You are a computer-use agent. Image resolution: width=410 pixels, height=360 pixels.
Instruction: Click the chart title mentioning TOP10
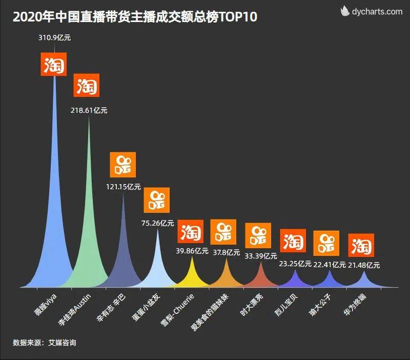click(135, 17)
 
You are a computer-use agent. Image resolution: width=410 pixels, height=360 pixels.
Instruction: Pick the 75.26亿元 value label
click(157, 223)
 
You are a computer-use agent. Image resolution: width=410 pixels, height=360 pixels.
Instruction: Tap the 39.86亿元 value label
click(192, 251)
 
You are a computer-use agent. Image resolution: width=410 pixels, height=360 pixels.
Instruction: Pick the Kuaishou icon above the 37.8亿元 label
click(223, 232)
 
